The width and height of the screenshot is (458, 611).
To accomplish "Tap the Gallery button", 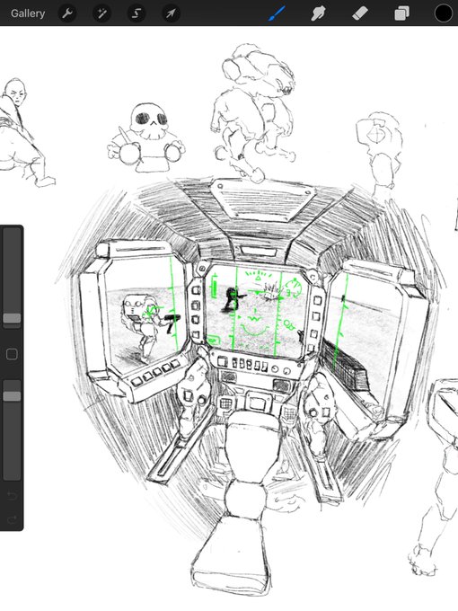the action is pyautogui.click(x=28, y=13).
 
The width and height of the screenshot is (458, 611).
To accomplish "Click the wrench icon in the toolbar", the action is pyautogui.click(x=67, y=13).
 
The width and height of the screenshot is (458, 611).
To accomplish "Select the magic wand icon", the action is pyautogui.click(x=101, y=13).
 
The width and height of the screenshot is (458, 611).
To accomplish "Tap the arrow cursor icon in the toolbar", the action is pyautogui.click(x=171, y=13).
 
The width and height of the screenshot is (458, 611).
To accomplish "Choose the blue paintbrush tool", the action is pyautogui.click(x=276, y=13).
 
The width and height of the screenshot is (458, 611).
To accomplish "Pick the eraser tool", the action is pyautogui.click(x=359, y=13).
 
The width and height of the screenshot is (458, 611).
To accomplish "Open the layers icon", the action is pyautogui.click(x=401, y=13).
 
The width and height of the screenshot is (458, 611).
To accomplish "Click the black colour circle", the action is pyautogui.click(x=444, y=13).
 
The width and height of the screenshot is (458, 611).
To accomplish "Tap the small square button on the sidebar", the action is pyautogui.click(x=12, y=354).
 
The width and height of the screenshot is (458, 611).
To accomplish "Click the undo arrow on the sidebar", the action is pyautogui.click(x=12, y=495).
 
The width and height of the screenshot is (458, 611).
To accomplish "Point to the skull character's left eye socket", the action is pyautogui.click(x=144, y=118).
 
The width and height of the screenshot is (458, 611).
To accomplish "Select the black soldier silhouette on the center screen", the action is pyautogui.click(x=233, y=299).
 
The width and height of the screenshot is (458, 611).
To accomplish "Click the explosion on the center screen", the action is pyautogui.click(x=270, y=292).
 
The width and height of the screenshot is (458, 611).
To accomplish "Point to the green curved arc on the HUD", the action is pyautogui.click(x=254, y=331).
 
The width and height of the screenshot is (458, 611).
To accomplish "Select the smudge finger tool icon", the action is pyautogui.click(x=318, y=13).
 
